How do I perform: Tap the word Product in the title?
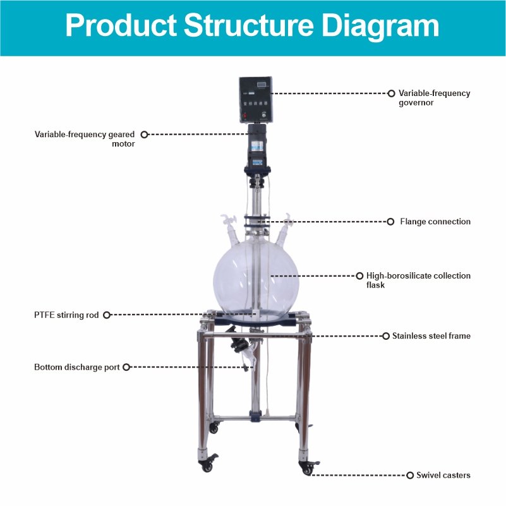(x=121, y=25)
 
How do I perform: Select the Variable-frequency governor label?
(x=434, y=98)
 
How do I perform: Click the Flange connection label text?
(x=435, y=221)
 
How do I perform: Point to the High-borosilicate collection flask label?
(x=418, y=280)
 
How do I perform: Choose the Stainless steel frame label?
(x=431, y=336)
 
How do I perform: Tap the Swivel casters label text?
(x=443, y=475)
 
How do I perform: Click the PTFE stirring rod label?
(x=66, y=315)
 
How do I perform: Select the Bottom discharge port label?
(x=77, y=367)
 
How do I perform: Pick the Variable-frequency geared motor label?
(x=85, y=139)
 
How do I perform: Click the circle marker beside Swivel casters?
(x=410, y=475)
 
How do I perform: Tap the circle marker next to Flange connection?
(x=390, y=222)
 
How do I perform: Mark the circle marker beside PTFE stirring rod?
(x=107, y=315)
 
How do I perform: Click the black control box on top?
(x=256, y=100)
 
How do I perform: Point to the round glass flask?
(x=256, y=280)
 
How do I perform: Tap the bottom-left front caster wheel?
(x=207, y=464)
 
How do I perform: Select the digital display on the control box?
(x=262, y=85)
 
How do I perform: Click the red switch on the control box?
(x=245, y=115)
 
